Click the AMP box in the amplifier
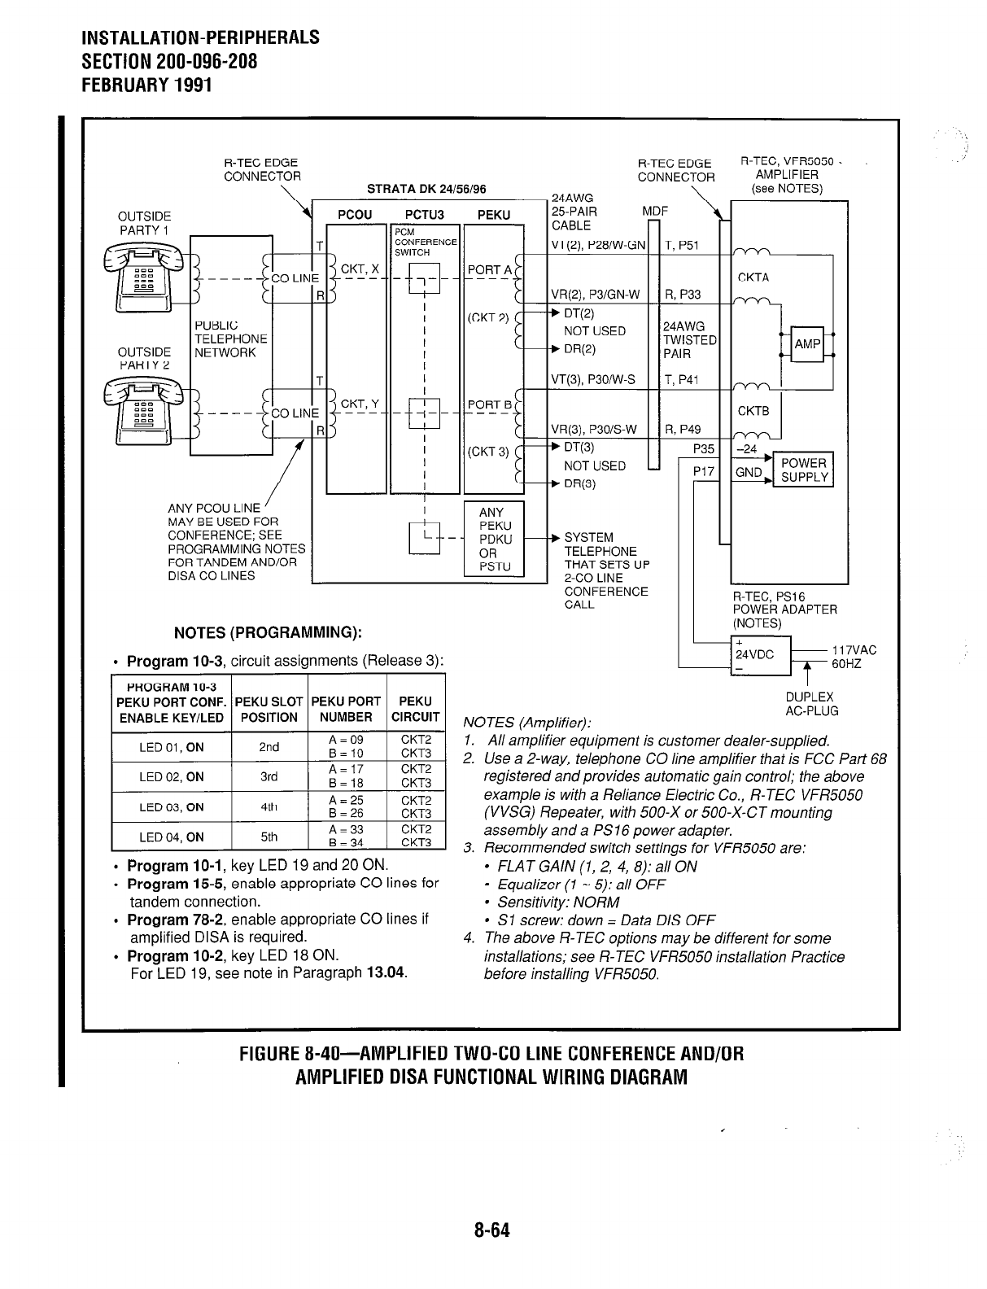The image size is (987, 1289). (x=807, y=344)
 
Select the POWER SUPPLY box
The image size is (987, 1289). (x=804, y=470)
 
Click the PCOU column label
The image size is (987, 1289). (x=355, y=215)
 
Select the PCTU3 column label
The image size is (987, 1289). (x=423, y=215)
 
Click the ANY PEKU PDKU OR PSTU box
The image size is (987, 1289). (x=493, y=539)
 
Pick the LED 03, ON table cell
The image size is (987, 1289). (x=171, y=807)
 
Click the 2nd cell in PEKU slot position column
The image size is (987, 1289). (x=269, y=747)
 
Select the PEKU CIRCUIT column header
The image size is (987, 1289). (x=416, y=709)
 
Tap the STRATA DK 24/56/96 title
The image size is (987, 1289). (x=426, y=189)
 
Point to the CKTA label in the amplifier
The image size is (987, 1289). (x=753, y=277)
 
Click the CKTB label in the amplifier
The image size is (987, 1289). (x=753, y=411)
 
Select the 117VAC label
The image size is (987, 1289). (x=854, y=649)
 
